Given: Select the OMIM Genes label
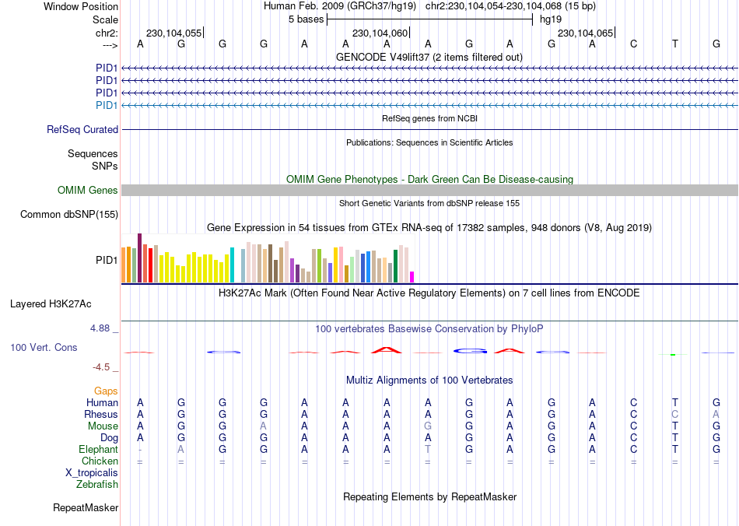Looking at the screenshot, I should pyautogui.click(x=88, y=191).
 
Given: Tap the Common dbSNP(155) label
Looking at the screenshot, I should pyautogui.click(x=69, y=215).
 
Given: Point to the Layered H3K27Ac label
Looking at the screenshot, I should pyautogui.click(x=56, y=303).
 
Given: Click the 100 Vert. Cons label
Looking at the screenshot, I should pyautogui.click(x=44, y=347).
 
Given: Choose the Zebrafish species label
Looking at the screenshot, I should pyautogui.click(x=97, y=485).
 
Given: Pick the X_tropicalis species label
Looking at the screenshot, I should pyautogui.click(x=92, y=472).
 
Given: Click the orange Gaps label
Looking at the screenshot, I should pyautogui.click(x=106, y=391).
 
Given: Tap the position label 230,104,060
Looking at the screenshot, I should pyautogui.click(x=380, y=33).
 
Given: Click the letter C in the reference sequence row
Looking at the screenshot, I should pyautogui.click(x=634, y=44).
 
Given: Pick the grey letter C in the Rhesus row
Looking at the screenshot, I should pyautogui.click(x=674, y=415).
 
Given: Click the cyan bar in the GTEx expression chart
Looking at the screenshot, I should pyautogui.click(x=232, y=265).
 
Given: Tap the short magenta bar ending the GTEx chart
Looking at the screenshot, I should pyautogui.click(x=412, y=276).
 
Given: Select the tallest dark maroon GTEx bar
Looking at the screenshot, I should pyautogui.click(x=139, y=257).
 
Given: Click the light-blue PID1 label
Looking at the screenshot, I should pyautogui.click(x=107, y=105).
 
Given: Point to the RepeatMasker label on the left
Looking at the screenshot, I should pyautogui.click(x=86, y=508).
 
